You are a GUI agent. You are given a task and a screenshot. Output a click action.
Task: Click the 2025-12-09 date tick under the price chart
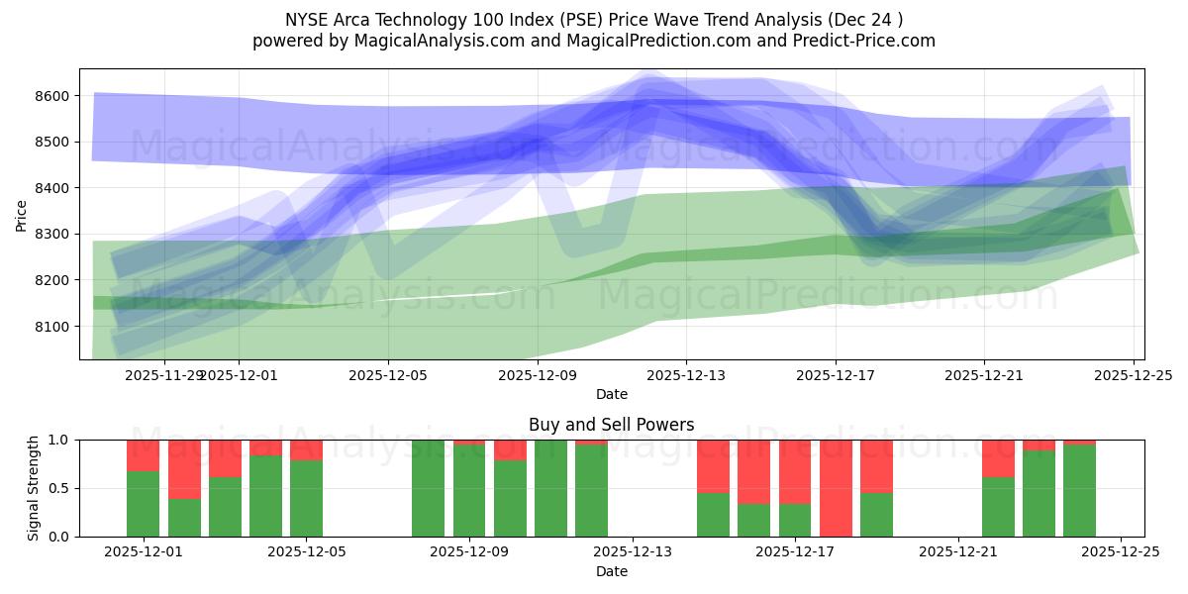coord(537,375)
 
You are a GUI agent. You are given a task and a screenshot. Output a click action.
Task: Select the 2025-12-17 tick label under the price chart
coord(835,375)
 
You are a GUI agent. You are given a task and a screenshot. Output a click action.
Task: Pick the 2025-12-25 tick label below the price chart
coord(1133,375)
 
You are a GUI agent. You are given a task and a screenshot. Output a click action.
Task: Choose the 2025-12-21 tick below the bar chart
coord(957,552)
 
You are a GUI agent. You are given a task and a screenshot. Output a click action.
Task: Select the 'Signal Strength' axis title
coord(34,488)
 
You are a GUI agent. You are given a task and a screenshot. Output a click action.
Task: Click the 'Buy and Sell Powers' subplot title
coord(611,425)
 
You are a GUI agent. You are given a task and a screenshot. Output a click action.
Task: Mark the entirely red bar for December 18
coord(836,488)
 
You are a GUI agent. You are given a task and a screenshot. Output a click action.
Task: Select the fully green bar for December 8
coord(429,488)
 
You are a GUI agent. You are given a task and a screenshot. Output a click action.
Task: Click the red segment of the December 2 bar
coord(184,468)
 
